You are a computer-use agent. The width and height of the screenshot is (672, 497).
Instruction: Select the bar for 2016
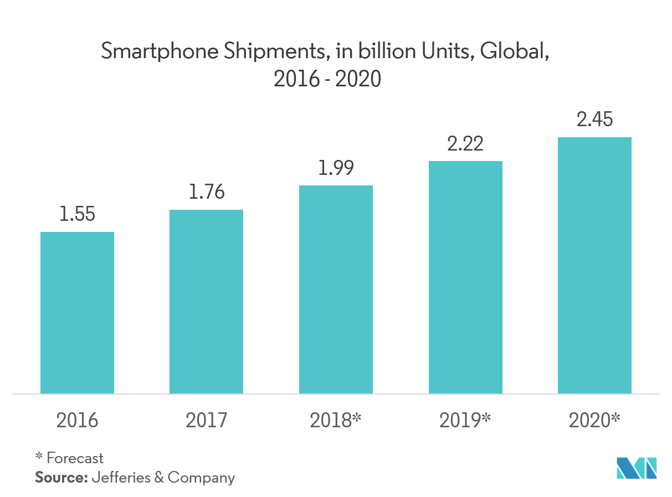click(77, 313)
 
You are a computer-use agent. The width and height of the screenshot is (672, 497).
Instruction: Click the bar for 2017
click(206, 302)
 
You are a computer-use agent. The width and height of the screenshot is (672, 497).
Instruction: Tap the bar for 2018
click(336, 289)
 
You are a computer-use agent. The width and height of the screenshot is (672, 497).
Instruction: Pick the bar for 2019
click(465, 277)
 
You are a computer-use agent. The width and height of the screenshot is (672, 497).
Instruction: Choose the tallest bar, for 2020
click(594, 266)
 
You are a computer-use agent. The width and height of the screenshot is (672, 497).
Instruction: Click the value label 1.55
click(77, 215)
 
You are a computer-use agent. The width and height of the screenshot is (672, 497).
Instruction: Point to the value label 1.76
click(206, 192)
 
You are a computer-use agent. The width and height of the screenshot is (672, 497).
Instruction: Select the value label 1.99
click(336, 168)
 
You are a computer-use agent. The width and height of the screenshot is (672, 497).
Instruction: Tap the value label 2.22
click(465, 144)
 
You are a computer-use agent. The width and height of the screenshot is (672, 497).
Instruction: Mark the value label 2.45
click(594, 120)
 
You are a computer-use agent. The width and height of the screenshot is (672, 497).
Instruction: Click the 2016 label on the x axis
click(77, 421)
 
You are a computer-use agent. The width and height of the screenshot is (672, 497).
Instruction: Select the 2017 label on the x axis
click(206, 421)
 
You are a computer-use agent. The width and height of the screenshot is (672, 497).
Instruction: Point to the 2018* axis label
click(336, 421)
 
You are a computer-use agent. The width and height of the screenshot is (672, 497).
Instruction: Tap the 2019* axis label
click(465, 421)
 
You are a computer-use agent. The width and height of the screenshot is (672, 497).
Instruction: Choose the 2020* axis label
click(594, 421)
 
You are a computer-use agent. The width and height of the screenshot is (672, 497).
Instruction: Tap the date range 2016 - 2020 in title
click(328, 80)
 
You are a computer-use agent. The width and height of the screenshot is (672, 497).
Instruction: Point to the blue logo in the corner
click(637, 468)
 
